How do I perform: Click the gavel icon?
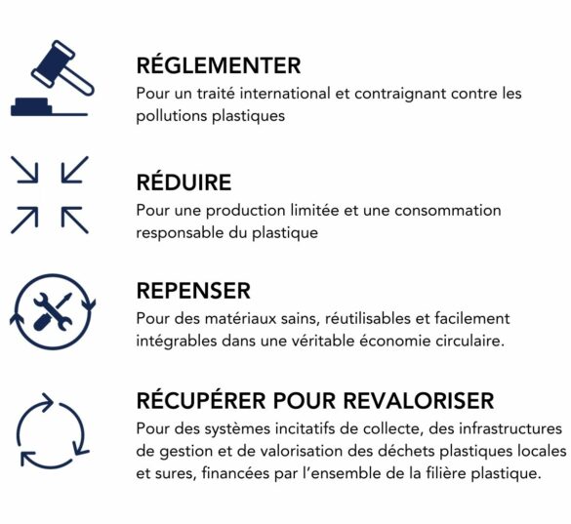click(x=52, y=79)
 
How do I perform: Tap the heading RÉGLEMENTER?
click(x=219, y=66)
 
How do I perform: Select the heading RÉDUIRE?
click(x=184, y=182)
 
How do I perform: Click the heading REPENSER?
click(x=193, y=291)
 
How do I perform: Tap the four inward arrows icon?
click(x=50, y=194)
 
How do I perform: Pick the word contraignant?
click(x=403, y=94)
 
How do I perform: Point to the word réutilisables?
click(x=379, y=318)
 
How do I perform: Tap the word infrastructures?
click(x=508, y=428)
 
